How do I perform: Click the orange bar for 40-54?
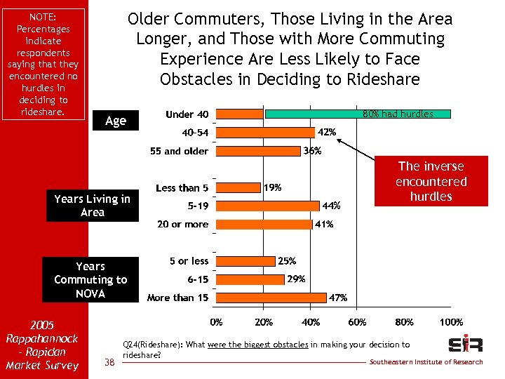click(265, 132)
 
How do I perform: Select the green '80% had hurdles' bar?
click(357, 114)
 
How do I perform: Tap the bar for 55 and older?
click(258, 151)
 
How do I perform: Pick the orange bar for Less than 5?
click(238, 187)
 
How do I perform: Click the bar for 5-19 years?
click(268, 206)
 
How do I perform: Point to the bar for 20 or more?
click(264, 225)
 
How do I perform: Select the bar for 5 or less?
click(245, 261)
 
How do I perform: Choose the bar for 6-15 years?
click(250, 279)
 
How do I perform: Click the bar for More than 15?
click(271, 298)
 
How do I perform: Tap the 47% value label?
click(338, 298)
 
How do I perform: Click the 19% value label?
click(273, 187)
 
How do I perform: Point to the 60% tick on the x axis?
click(357, 322)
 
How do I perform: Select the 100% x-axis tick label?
click(450, 322)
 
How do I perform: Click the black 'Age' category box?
click(116, 121)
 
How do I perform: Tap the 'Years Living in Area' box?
click(93, 206)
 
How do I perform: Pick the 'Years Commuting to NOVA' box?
click(90, 279)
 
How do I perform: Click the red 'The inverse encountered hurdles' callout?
click(431, 181)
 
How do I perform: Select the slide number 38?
click(109, 361)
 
